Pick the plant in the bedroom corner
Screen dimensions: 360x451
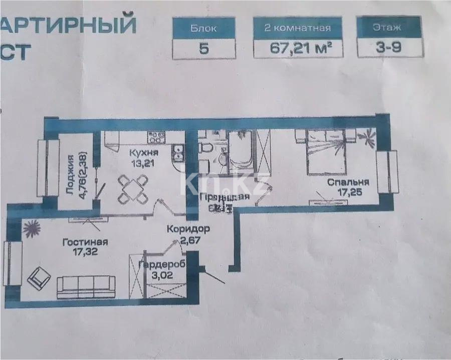pyautogui.click(x=368, y=135)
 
